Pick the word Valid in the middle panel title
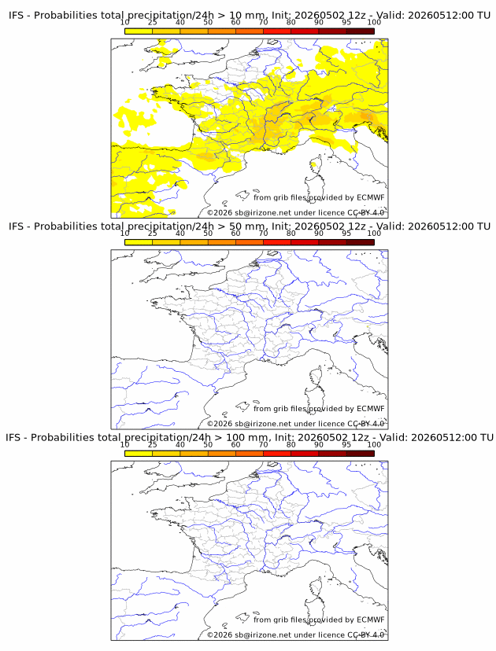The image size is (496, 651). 390,226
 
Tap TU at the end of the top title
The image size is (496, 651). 484,16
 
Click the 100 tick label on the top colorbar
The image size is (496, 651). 374,22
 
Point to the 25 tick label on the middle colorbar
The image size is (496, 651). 152,233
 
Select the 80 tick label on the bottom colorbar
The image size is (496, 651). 291,444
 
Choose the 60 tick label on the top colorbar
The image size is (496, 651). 235,22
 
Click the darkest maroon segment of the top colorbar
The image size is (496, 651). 361,31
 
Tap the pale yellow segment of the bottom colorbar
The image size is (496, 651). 139,454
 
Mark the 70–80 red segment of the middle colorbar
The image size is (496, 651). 277,242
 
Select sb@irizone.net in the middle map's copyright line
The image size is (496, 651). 263,424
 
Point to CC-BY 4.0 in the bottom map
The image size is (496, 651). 365,634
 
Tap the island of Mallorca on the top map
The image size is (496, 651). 242,196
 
